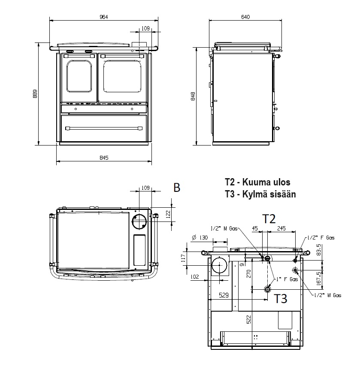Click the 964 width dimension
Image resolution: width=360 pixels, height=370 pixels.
tap(103, 17)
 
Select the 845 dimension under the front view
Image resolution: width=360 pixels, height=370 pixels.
tap(103, 158)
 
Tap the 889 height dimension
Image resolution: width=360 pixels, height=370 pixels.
tap(35, 94)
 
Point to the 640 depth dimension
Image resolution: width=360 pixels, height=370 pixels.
tap(245, 17)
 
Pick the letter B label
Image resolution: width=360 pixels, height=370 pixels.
tap(176, 188)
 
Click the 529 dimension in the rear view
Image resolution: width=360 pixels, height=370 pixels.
tap(223, 295)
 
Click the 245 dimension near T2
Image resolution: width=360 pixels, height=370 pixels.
tap(282, 228)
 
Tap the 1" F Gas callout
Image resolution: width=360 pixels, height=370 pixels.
tap(287, 279)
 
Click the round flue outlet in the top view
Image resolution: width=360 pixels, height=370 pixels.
tap(139, 222)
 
